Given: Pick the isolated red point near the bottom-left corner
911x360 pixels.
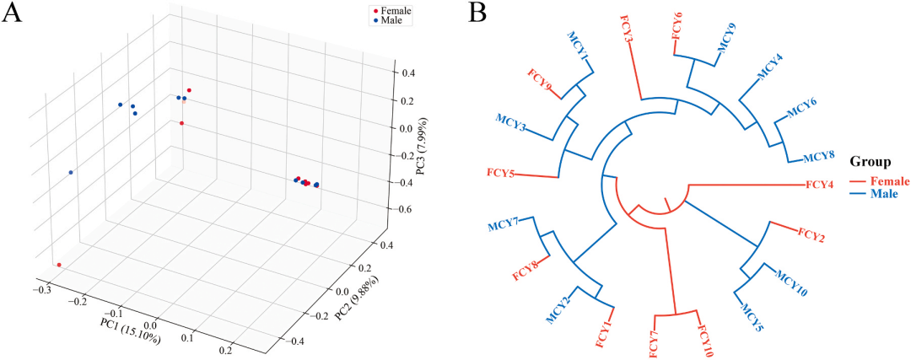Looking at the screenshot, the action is [59, 265].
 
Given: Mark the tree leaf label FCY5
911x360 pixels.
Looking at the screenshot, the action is [501, 174].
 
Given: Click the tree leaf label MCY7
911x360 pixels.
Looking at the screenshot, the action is [503, 223].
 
